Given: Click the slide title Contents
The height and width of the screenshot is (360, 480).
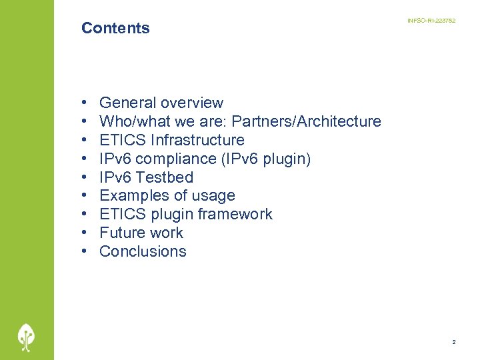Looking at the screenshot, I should point(115,28).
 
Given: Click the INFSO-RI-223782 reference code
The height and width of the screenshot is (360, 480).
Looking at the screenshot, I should point(431,21).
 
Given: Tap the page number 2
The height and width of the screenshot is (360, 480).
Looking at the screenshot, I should point(454,342).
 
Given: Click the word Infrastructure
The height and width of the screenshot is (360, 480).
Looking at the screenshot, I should point(198,140).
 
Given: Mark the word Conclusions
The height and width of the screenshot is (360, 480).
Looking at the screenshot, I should point(143,251).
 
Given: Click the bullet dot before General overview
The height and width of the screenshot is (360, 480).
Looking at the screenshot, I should point(85,103).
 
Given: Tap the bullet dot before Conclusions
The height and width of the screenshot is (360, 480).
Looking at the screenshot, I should point(85,252).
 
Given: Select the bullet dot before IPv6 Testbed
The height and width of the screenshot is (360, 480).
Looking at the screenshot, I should point(85,178).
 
